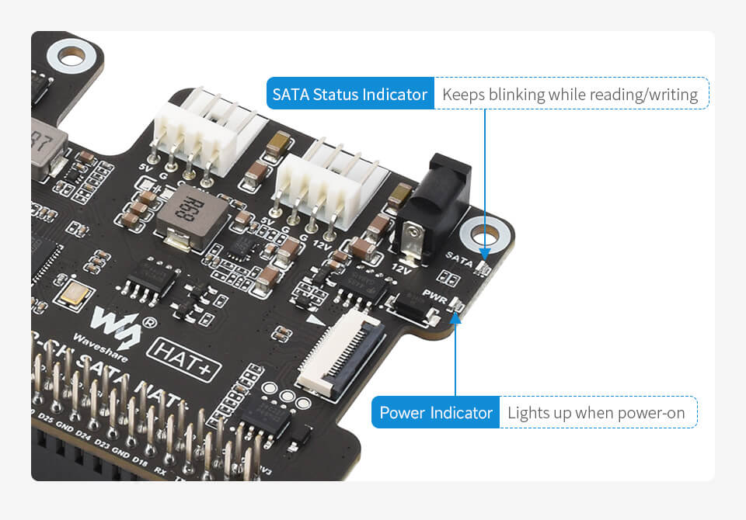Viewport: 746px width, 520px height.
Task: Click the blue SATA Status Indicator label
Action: coord(350,95)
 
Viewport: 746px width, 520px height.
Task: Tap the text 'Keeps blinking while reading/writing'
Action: coord(570,95)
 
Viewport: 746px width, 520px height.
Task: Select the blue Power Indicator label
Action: coord(436,412)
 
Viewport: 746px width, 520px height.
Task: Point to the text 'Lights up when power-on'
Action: coord(596,412)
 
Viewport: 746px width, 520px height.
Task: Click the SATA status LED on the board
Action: coord(483,269)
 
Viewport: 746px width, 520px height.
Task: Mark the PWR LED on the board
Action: coord(456,308)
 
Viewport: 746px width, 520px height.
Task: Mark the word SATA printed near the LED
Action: coord(459,260)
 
